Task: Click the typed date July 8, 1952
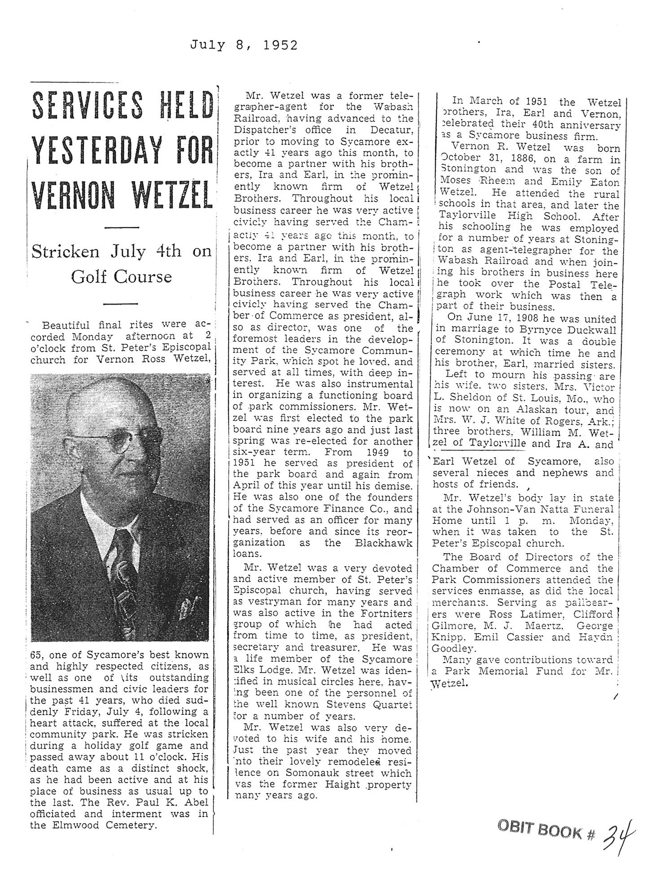(243, 45)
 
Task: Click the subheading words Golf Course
(121, 277)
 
